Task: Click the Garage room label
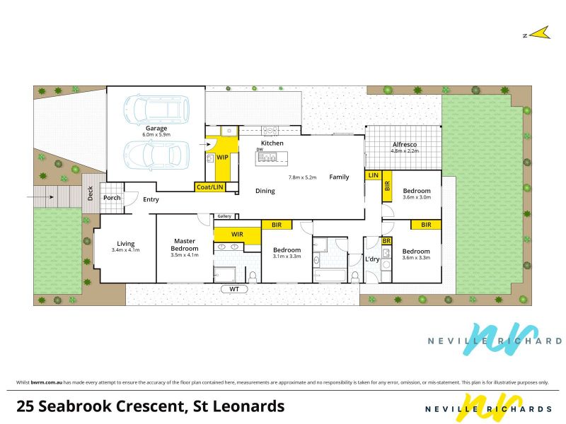click(156, 129)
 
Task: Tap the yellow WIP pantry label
click(222, 157)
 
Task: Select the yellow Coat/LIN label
click(209, 187)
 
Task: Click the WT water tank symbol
click(234, 289)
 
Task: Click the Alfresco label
click(405, 144)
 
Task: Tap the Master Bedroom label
click(185, 245)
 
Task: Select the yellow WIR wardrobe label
click(237, 235)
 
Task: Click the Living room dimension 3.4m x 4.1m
click(126, 250)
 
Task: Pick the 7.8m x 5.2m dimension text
click(303, 177)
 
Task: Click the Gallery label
click(224, 216)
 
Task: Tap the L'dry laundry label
click(372, 259)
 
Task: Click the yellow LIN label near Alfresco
click(374, 175)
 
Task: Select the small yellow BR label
click(386, 241)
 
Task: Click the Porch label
click(112, 198)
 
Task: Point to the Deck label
click(91, 193)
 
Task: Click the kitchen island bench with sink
click(272, 158)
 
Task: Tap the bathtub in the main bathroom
click(330, 276)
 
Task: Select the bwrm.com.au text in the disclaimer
click(47, 382)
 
